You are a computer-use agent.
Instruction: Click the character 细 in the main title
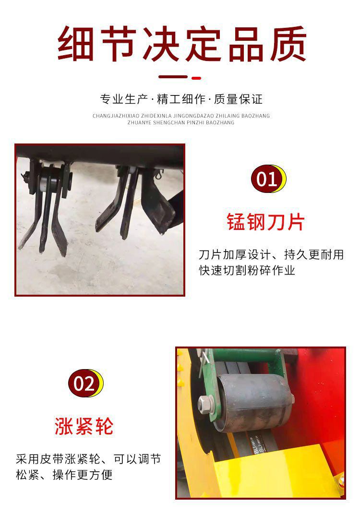click(x=76, y=44)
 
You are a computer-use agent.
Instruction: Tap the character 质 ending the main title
click(x=288, y=44)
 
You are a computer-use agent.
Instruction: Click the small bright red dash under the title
click(x=196, y=78)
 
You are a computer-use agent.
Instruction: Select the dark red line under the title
click(x=173, y=77)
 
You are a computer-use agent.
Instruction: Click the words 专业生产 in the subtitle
click(x=124, y=99)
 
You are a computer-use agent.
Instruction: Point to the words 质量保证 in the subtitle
click(x=238, y=99)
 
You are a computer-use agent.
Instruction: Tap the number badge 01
click(x=268, y=179)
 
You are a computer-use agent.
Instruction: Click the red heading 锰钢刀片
click(x=265, y=222)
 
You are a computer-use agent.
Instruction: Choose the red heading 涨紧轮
click(x=84, y=426)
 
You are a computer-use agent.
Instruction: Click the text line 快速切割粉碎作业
click(x=247, y=270)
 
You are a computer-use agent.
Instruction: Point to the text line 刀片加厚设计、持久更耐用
click(x=271, y=254)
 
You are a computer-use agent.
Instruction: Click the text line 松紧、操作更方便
click(x=64, y=475)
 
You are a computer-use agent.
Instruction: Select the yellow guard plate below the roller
click(x=269, y=470)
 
